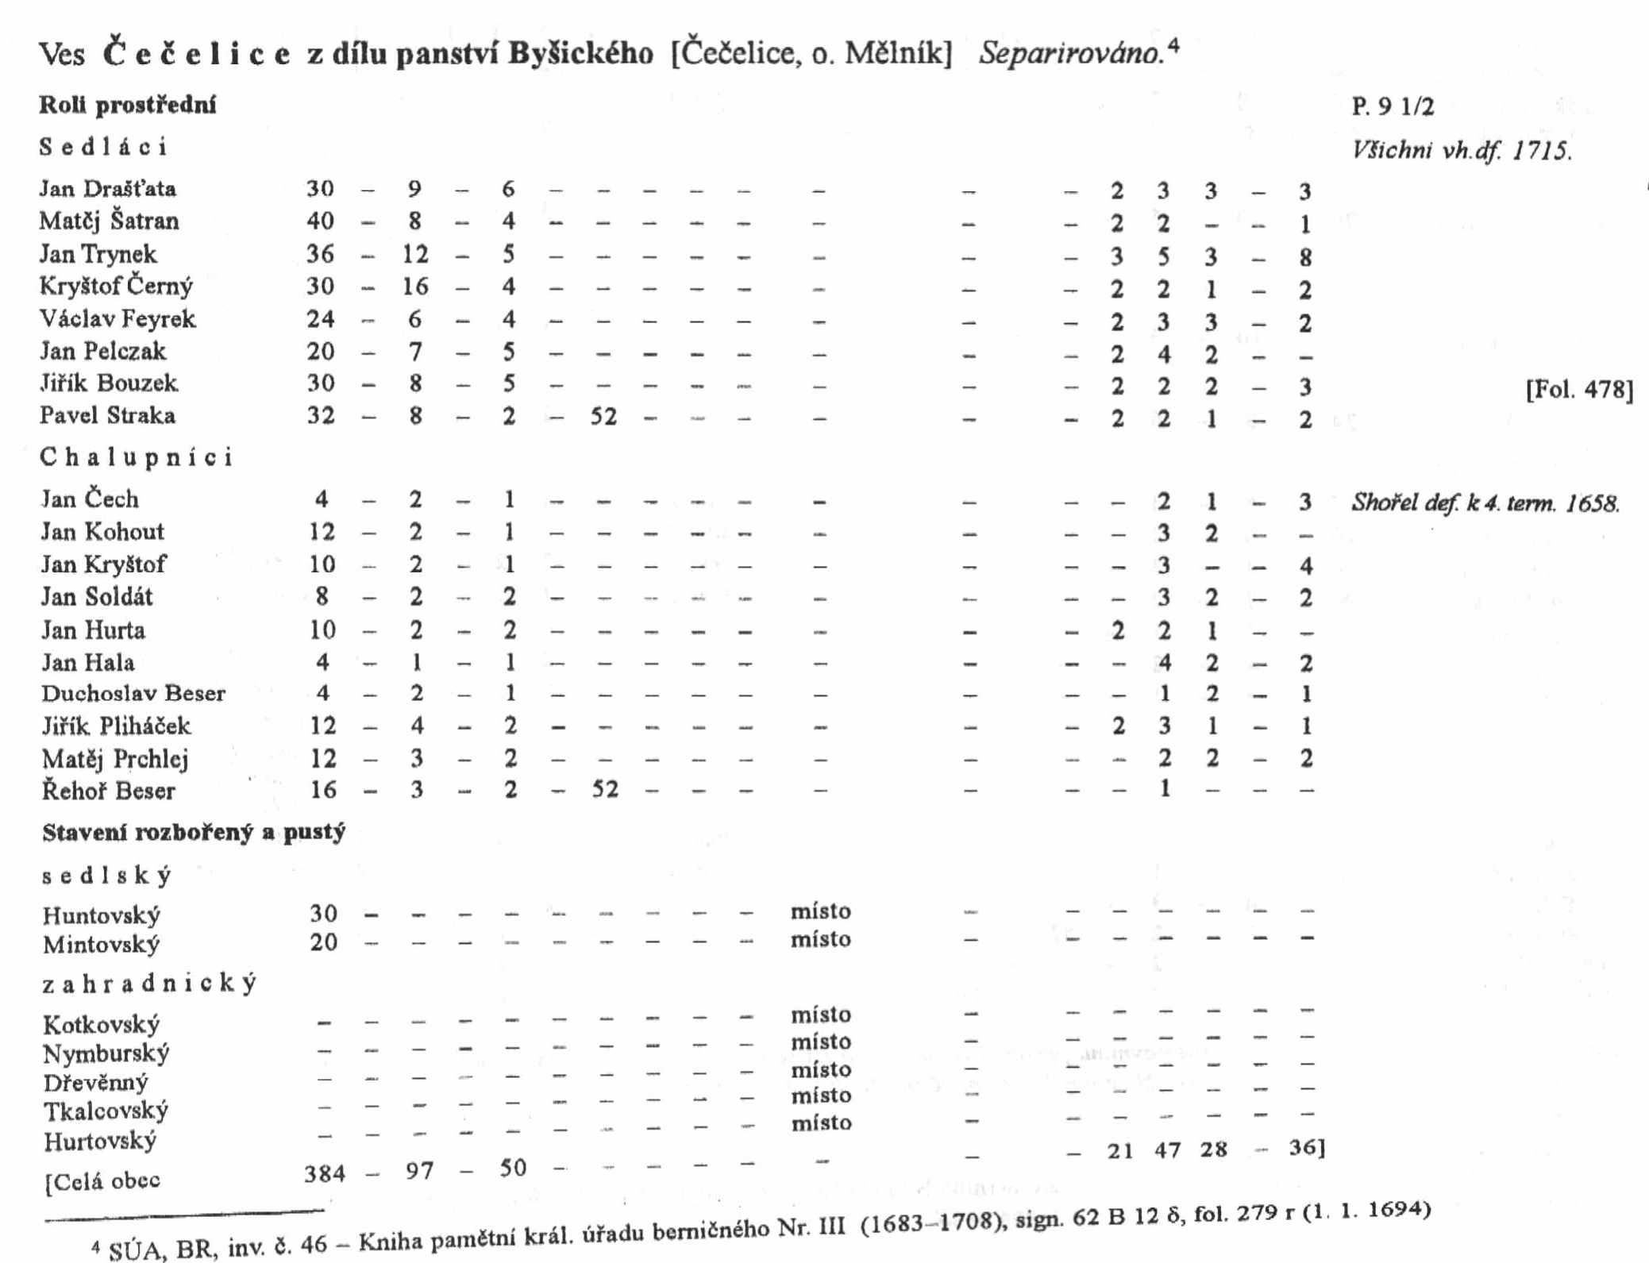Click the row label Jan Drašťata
[108, 189]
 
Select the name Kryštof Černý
[116, 287]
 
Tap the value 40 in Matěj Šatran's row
[320, 221]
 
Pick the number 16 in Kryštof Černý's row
[415, 287]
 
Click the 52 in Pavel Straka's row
[603, 417]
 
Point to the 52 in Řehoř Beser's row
[604, 791]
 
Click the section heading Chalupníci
[137, 457]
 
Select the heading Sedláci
[103, 148]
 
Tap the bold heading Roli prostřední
[128, 105]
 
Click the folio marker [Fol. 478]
[1579, 390]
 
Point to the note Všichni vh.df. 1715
[1462, 151]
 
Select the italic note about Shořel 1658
[1485, 503]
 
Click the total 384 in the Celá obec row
[325, 1173]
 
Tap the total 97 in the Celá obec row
[419, 1171]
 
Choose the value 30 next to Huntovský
[323, 914]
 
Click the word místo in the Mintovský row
[820, 940]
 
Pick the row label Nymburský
[106, 1054]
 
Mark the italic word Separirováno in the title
[1071, 54]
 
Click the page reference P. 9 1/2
[1393, 106]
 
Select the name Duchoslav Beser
[133, 694]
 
